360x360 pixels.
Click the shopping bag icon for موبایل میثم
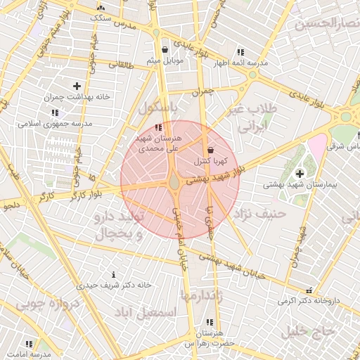[165, 50]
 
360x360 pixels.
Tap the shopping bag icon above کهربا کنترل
[210, 150]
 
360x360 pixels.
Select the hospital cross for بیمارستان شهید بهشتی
[300, 173]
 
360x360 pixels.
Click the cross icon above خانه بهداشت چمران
[77, 86]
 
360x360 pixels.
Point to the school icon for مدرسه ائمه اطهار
[241, 52]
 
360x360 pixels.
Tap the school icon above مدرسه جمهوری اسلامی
[55, 112]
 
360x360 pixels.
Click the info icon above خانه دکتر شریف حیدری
[115, 274]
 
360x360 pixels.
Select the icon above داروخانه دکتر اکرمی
[308, 290]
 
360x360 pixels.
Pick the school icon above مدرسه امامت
[29, 344]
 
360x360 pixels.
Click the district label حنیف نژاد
[259, 212]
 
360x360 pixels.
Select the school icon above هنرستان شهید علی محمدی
[157, 127]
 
